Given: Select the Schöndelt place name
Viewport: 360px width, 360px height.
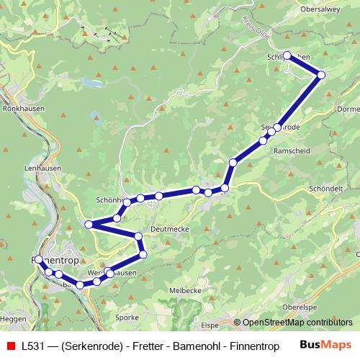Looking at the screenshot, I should [325, 186].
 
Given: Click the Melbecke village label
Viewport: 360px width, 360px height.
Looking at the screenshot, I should [184, 289].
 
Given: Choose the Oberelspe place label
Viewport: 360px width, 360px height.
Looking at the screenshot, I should [300, 307].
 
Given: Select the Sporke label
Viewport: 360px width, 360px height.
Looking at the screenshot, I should [127, 317].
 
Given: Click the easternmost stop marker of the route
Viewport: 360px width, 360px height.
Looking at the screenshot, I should [321, 75].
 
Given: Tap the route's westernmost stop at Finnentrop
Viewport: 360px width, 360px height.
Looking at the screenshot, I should [37, 259].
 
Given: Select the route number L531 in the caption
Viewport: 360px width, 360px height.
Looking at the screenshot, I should [32, 345].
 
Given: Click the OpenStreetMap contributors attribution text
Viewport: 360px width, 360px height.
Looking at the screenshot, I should [297, 323].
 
